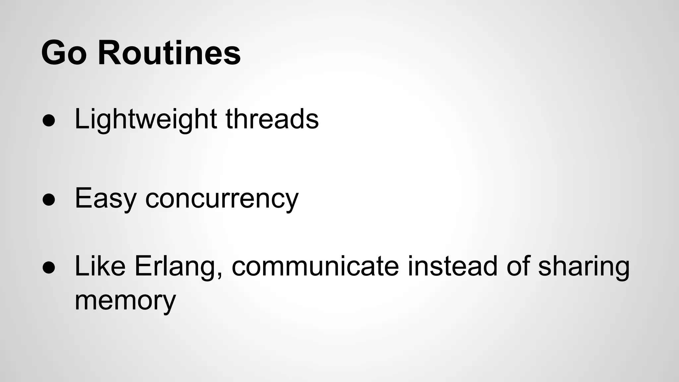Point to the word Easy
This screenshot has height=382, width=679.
[105, 198]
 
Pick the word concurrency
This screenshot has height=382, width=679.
[222, 198]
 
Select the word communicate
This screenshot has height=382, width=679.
[315, 266]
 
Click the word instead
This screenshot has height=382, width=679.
[452, 266]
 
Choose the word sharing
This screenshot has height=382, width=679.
[584, 266]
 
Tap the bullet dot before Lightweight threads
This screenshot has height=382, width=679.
[49, 121]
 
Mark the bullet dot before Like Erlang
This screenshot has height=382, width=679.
[49, 268]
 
